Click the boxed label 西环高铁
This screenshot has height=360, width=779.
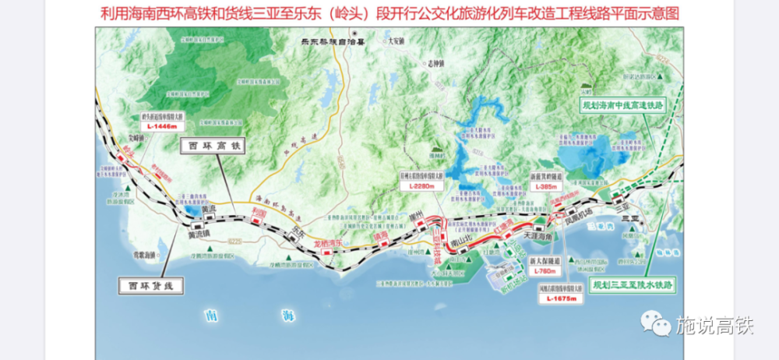[x=213, y=145]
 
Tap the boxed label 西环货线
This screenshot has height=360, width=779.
[x=151, y=286]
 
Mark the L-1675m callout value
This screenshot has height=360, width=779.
[x=560, y=298]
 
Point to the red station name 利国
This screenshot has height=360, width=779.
[x=262, y=212]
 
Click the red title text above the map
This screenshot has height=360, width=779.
[x=390, y=13]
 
